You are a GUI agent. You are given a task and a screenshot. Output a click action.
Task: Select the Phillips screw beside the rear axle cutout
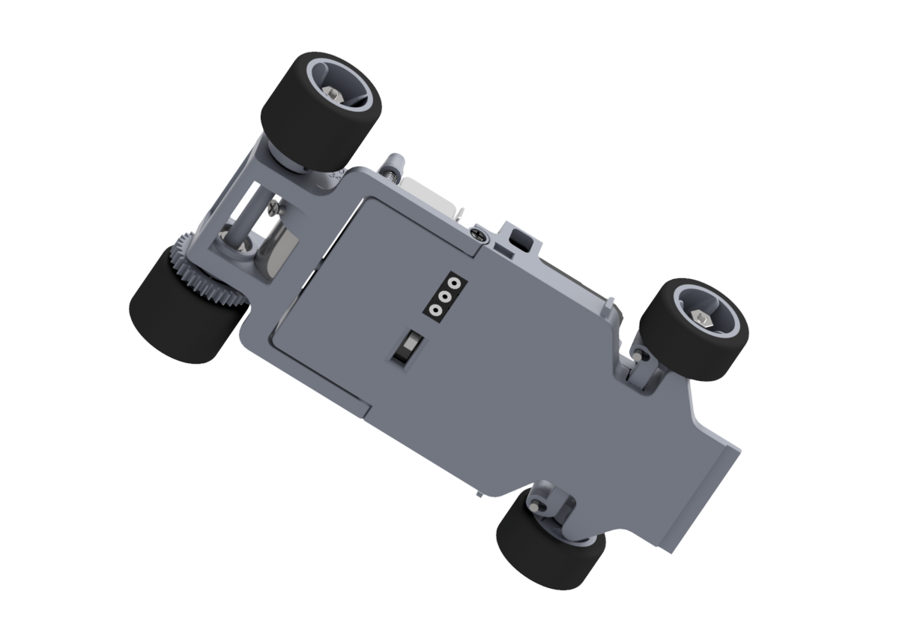(275, 202)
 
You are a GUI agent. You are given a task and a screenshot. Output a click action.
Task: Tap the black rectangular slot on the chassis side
(518, 239)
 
